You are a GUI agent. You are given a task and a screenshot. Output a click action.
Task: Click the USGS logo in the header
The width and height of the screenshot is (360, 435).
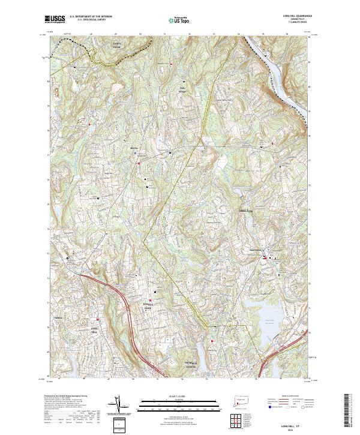tap(55, 20)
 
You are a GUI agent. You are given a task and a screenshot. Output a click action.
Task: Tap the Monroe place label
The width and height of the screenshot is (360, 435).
tap(134, 147)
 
